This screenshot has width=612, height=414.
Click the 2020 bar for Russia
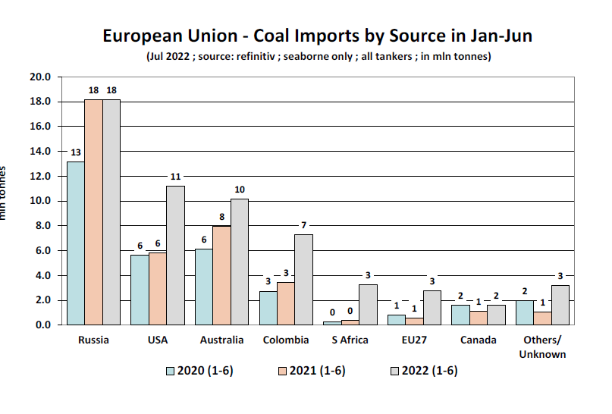click(75, 243)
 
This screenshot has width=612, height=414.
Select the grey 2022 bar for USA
click(175, 255)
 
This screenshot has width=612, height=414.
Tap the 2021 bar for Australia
click(221, 275)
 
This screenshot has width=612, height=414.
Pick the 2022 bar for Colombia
click(303, 279)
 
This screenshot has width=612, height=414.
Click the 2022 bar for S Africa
click(368, 304)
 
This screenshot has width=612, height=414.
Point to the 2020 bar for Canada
click(461, 315)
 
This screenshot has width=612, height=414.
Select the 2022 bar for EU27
click(432, 307)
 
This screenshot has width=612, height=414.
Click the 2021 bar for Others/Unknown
click(543, 318)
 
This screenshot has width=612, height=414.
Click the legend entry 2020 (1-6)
click(199, 371)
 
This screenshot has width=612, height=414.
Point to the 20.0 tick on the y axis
click(39, 77)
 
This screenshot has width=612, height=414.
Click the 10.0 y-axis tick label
click(39, 201)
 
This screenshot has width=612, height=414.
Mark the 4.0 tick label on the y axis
click(41, 275)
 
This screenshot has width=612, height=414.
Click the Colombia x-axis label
click(286, 340)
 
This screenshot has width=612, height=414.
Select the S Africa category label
click(350, 340)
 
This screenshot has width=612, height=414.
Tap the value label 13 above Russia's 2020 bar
click(75, 152)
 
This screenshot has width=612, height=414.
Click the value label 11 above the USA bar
click(175, 177)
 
